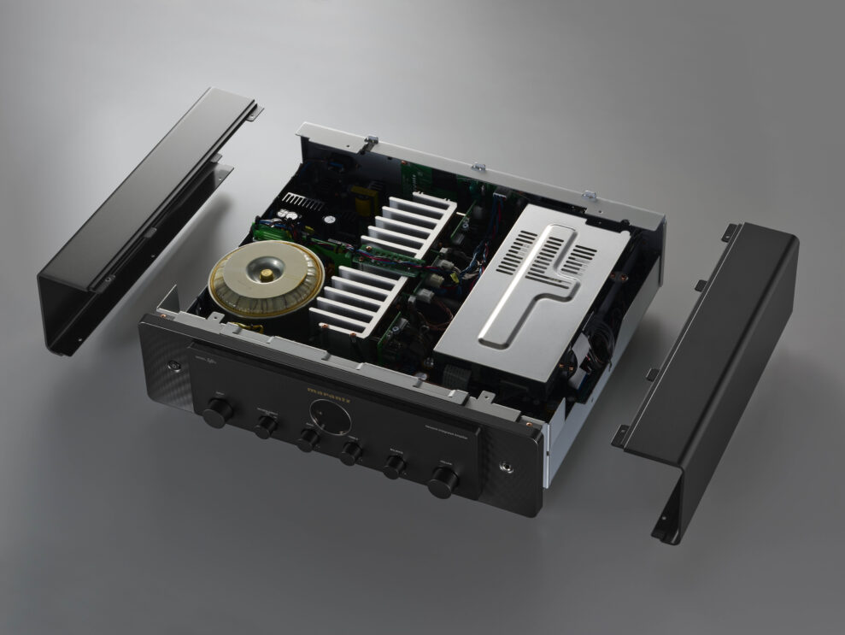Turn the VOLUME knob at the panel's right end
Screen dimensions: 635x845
443,482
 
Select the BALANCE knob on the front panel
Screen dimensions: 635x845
394,467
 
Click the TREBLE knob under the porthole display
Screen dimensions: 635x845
349,453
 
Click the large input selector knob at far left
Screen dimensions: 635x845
217,412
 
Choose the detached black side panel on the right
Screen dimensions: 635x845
718,367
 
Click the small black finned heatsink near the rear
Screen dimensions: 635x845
304,203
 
